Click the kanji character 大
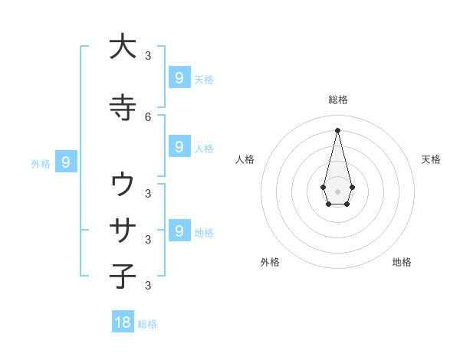(123, 47)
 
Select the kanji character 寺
(123, 106)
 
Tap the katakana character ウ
(123, 184)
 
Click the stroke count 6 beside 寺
(148, 116)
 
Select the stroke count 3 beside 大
(148, 55)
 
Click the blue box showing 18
(123, 322)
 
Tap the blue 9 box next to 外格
(67, 162)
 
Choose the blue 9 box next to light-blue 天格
(179, 78)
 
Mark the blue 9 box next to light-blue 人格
(179, 147)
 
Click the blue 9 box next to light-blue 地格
(179, 231)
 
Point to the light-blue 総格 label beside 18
(147, 324)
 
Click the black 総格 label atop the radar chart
(337, 100)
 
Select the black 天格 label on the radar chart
(431, 159)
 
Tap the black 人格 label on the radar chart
(245, 159)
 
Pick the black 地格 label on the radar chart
(402, 262)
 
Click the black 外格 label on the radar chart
(270, 262)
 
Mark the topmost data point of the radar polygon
(337, 129)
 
